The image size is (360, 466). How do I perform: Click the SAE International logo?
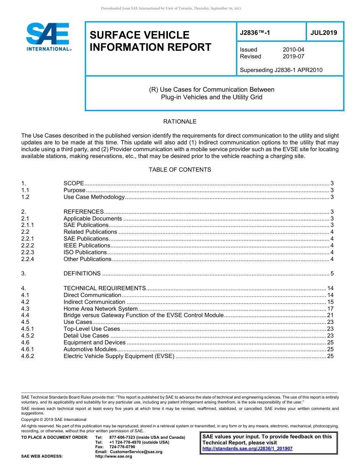[49, 37]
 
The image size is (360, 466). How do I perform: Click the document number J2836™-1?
[255, 33]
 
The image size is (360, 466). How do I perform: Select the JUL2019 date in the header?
[324, 33]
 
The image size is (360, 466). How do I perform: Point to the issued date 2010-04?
[293, 50]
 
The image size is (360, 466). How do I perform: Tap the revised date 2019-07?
[293, 56]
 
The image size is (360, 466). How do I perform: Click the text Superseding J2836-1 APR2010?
[281, 70]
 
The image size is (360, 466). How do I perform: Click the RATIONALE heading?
[180, 122]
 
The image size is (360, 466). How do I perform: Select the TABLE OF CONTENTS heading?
[180, 170]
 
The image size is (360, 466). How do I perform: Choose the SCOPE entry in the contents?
[74, 183]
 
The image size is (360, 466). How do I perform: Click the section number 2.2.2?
[28, 246]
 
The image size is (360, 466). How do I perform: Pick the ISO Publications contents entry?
[85, 252]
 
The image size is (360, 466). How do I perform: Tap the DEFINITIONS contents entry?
[82, 274]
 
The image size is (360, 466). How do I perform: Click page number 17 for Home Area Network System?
[330, 309]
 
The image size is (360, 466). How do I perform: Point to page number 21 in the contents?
[330, 315]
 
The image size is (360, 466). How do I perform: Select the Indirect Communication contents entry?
[94, 302]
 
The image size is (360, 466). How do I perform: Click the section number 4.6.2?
[28, 356]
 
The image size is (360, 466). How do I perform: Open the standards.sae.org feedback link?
[247, 449]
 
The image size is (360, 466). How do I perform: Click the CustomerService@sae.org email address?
[136, 452]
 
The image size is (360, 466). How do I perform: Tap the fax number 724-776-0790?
[122, 447]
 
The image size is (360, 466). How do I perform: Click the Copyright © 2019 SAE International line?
[54, 419]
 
